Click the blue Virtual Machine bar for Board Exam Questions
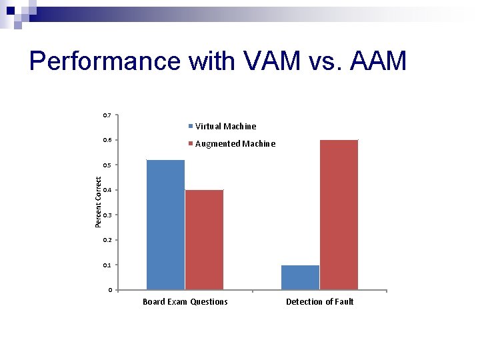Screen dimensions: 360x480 [165, 225]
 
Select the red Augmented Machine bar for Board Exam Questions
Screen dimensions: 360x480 [204, 239]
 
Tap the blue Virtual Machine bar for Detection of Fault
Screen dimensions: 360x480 [300, 277]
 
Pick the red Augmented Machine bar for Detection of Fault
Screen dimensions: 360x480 [339, 215]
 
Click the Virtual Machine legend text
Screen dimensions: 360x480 [225, 126]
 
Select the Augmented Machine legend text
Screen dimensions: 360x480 [235, 143]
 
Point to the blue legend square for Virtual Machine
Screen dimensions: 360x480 [191, 126]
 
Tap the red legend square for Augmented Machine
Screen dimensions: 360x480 [191, 143]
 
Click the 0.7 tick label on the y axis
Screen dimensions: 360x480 [107, 115]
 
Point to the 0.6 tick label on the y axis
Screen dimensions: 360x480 [107, 140]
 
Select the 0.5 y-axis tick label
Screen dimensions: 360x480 [107, 165]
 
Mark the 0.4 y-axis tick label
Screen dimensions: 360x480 [107, 190]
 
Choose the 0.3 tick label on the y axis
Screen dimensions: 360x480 [107, 215]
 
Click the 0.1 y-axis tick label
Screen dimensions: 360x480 [107, 265]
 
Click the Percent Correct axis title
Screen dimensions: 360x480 [98, 202]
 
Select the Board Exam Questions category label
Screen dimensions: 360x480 [185, 302]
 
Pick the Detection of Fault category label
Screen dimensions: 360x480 [320, 302]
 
